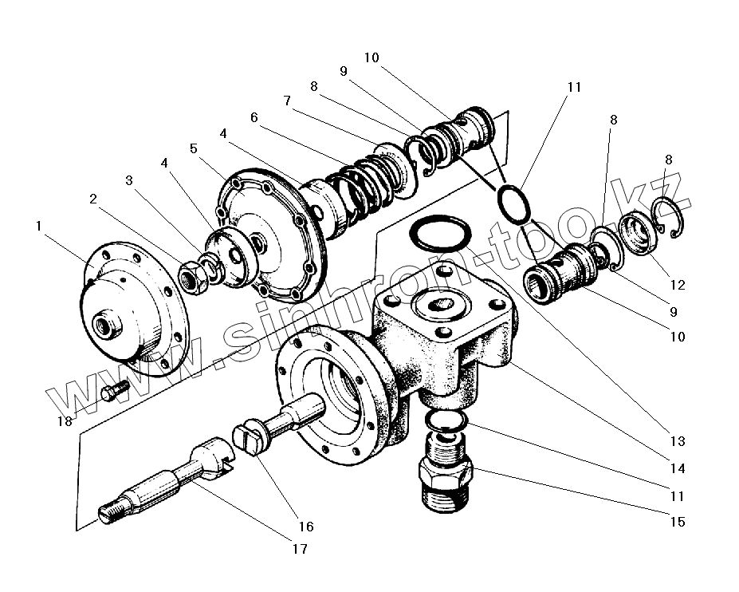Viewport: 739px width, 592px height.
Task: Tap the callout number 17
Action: coord(300,549)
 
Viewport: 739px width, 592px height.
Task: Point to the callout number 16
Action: coord(306,527)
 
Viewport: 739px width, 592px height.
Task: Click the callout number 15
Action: coord(677,523)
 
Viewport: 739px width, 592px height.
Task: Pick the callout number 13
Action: coord(677,441)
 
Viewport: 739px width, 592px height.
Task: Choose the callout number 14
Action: coord(677,468)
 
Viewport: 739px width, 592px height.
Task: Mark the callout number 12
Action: coord(677,285)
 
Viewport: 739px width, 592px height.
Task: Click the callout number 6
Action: coord(254,117)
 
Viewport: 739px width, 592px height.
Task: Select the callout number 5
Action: coord(193,148)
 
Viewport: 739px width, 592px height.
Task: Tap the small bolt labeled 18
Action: coord(112,392)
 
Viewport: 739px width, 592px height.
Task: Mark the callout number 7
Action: coord(286,101)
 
